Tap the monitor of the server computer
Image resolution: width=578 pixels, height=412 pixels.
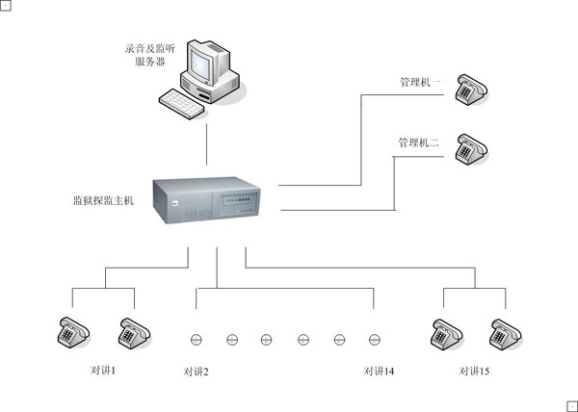[x=205, y=64]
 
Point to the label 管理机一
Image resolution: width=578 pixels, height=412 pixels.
[x=420, y=83]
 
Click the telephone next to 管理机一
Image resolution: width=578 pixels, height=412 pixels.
[x=472, y=89]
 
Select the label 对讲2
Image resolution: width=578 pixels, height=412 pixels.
[x=196, y=372]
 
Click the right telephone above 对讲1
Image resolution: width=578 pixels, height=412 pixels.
[x=132, y=331]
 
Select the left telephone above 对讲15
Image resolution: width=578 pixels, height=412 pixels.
[x=446, y=331]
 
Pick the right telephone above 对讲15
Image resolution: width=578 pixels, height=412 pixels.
[x=504, y=331]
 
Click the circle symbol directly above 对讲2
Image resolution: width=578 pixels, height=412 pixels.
[x=195, y=339]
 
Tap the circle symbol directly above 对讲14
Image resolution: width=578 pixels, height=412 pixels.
[x=375, y=339]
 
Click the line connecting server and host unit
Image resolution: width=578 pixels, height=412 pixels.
[x=206, y=144]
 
